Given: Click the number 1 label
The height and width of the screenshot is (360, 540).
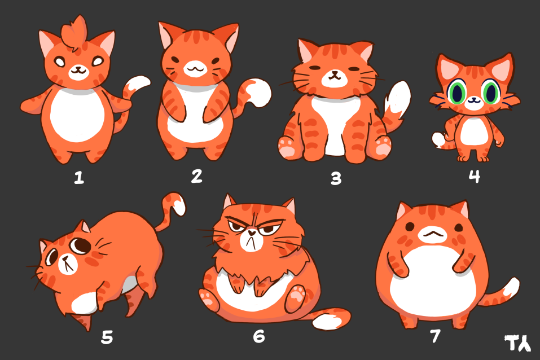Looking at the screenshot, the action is click(x=79, y=178).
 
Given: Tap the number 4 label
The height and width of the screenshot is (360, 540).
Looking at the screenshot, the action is click(x=474, y=176).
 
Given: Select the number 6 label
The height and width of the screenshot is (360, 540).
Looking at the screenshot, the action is click(x=259, y=336).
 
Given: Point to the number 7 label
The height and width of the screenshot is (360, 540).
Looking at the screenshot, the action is click(x=435, y=336).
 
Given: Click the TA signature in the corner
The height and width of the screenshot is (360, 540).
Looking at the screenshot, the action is click(x=517, y=343).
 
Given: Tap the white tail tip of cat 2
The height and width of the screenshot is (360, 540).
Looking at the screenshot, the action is click(x=260, y=93).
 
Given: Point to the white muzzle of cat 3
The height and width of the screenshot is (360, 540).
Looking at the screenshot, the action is click(x=334, y=78).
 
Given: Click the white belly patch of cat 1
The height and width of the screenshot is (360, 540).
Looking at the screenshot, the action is click(x=77, y=115).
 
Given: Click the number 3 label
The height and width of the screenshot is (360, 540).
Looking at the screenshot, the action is click(x=336, y=178).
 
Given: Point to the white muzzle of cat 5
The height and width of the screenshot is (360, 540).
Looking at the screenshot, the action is click(x=68, y=264).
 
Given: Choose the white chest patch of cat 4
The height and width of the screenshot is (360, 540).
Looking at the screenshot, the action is click(x=474, y=130).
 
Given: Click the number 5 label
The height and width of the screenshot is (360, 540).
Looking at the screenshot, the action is click(x=107, y=337).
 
